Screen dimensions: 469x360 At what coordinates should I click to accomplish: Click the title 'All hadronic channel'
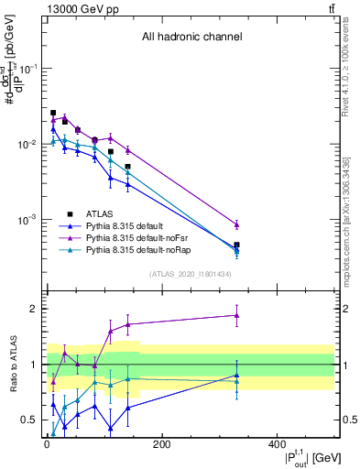coord(191,38)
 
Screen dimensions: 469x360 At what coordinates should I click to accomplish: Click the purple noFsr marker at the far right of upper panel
coord(236,224)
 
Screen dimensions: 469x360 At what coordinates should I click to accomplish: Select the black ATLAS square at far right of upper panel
coord(236,245)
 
